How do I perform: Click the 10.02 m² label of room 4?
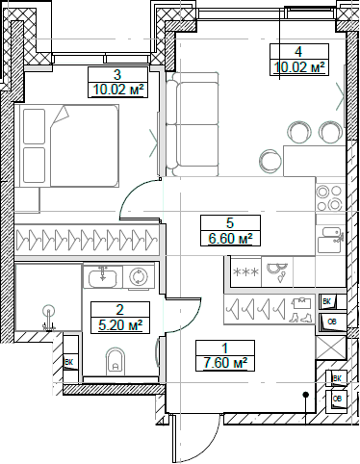tap(300, 67)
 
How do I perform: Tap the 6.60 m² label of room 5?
tap(230, 238)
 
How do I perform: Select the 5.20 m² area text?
tap(118, 324)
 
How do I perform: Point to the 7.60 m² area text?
tap(224, 362)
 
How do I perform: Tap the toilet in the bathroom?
tap(116, 363)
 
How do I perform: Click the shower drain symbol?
tap(48, 311)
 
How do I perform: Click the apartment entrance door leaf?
tap(174, 439)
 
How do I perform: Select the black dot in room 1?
tap(304, 394)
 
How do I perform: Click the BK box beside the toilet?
tap(68, 362)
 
